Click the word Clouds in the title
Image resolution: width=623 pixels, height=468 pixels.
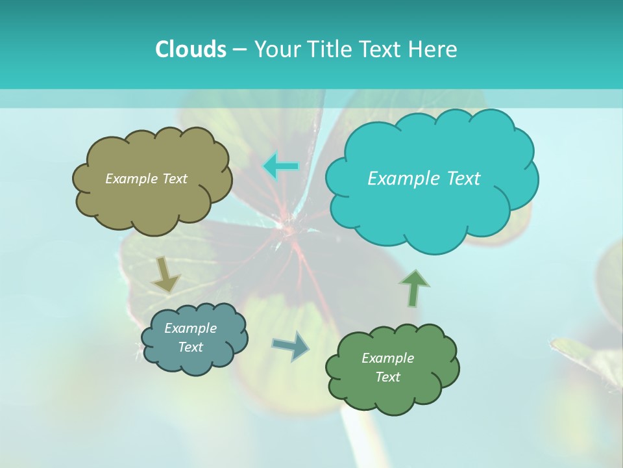click(190, 49)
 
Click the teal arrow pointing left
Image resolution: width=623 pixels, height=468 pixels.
click(280, 166)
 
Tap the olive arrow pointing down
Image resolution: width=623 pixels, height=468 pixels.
click(165, 275)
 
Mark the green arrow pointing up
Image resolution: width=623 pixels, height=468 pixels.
click(414, 288)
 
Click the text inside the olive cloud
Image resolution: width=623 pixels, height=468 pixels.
click(146, 179)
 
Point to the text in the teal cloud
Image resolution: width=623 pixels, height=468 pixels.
click(424, 179)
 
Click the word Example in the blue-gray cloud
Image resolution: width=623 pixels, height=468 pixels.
click(190, 328)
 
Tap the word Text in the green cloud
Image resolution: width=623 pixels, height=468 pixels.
click(387, 377)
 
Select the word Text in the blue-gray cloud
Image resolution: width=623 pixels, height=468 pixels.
click(190, 347)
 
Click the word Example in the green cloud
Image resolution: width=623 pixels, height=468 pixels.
click(387, 358)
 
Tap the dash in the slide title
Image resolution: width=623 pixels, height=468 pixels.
click(239, 49)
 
